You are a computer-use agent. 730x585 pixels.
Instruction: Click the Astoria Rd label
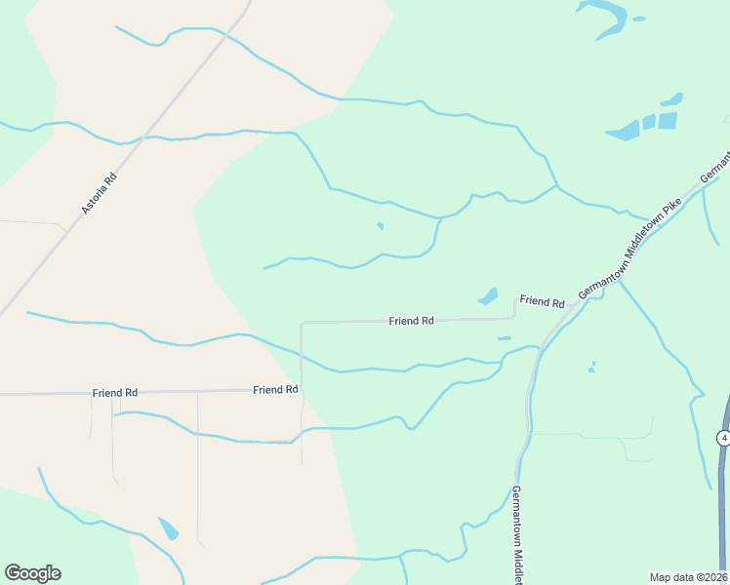point(100,193)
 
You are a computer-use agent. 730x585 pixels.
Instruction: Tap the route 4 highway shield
point(723,438)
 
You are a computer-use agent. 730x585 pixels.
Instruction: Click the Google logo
point(32,573)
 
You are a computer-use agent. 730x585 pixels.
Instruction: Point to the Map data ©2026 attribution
point(688,577)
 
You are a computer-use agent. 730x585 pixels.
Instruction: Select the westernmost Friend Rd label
point(115,393)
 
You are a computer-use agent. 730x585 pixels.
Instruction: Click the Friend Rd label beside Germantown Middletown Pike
point(542,302)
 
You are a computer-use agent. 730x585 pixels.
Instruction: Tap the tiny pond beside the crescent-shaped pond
point(638,18)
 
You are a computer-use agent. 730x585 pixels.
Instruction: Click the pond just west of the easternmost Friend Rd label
point(489,296)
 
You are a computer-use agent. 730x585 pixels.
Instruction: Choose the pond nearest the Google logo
point(168,528)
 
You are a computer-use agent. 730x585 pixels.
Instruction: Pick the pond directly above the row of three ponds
point(671,99)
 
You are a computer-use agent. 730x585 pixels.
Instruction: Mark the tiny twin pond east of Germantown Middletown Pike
point(591,368)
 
